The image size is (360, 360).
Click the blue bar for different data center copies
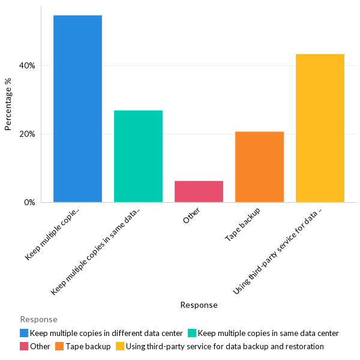[x=77, y=109]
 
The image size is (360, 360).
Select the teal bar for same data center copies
[x=138, y=156]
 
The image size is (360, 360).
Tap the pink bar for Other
[x=199, y=191]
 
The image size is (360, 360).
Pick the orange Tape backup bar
[x=259, y=167]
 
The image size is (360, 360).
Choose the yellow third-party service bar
[x=320, y=128]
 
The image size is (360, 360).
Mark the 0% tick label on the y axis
[x=29, y=202]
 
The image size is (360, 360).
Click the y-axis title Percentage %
[x=8, y=104]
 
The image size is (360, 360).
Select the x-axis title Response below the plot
[x=199, y=305]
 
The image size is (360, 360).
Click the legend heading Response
[x=38, y=319]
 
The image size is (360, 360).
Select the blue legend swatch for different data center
[x=24, y=333]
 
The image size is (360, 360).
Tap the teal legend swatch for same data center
[x=192, y=333]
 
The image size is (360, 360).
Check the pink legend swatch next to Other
[x=24, y=346]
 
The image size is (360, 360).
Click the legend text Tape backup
[x=88, y=346]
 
